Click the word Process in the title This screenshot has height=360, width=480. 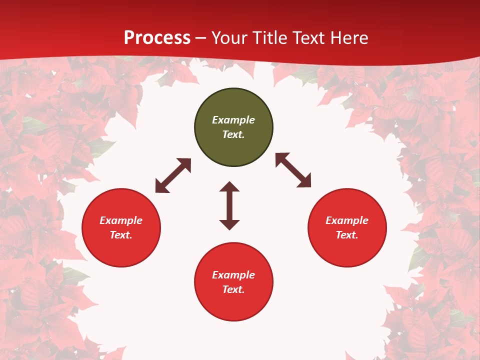tap(157, 38)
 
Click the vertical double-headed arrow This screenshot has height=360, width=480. tap(229, 205)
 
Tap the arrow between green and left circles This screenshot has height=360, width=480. tap(173, 175)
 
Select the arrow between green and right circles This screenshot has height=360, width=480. tap(293, 170)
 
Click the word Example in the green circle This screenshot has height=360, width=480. tap(233, 120)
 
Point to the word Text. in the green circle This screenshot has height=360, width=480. tap(233, 134)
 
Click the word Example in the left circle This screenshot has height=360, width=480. tap(121, 220)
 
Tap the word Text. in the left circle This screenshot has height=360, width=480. tap(121, 235)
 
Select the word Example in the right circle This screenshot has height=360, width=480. tap(347, 220)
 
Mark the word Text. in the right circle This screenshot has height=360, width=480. tap(347, 235)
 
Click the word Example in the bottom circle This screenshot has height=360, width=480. tap(233, 275)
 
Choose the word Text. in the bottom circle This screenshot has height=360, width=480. tap(233, 289)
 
